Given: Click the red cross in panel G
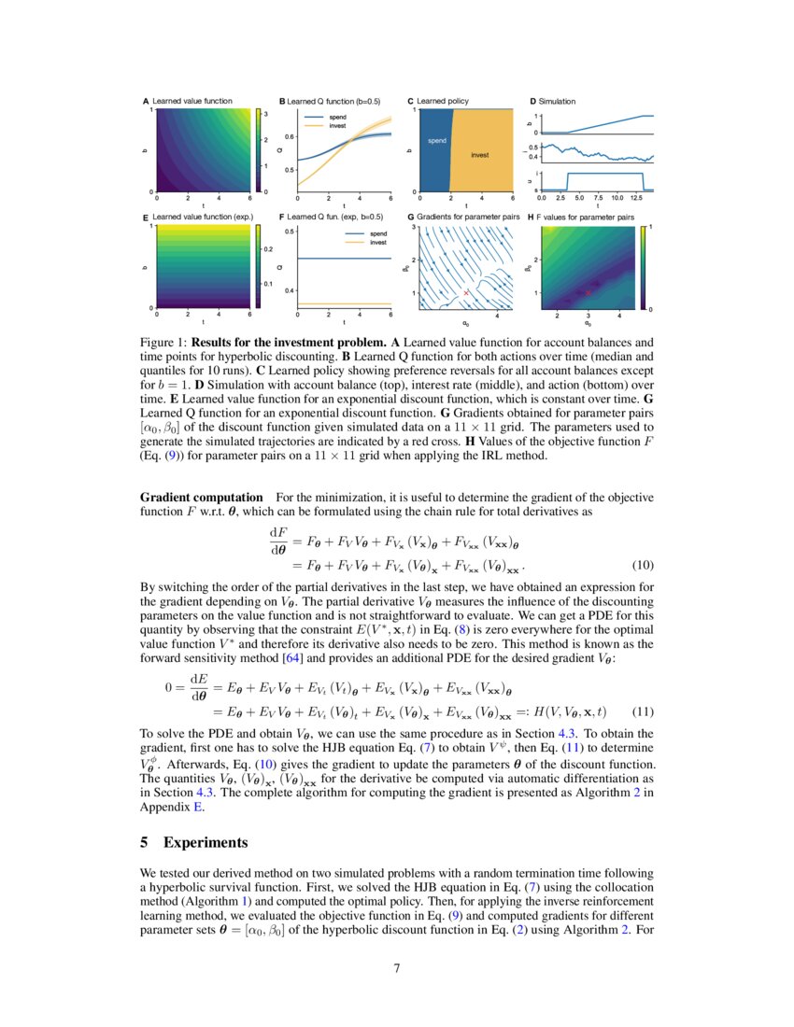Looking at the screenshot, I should pyautogui.click(x=466, y=292).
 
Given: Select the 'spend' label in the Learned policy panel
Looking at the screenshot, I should pyautogui.click(x=436, y=141).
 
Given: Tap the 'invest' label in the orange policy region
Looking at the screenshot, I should pyautogui.click(x=479, y=154).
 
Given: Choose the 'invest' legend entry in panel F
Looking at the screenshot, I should pyautogui.click(x=378, y=241).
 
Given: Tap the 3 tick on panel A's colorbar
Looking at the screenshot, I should pyautogui.click(x=266, y=113).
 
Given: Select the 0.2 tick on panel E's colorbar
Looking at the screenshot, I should pyautogui.click(x=267, y=250).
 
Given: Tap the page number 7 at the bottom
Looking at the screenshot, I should pyautogui.click(x=397, y=967).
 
